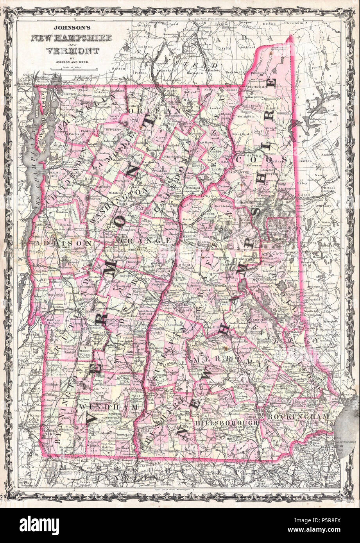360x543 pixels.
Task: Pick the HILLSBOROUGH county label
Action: point(226,423)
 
